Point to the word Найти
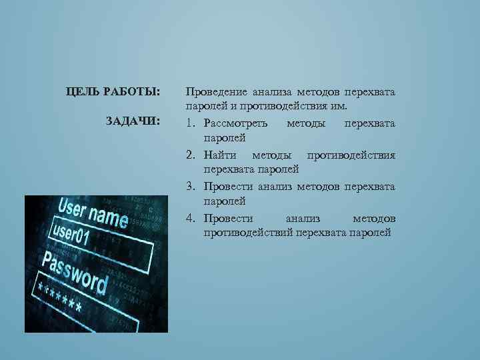220,155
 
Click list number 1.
190,123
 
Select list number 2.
190,155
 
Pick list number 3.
190,186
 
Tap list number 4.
190,218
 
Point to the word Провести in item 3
226,186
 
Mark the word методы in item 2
273,155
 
